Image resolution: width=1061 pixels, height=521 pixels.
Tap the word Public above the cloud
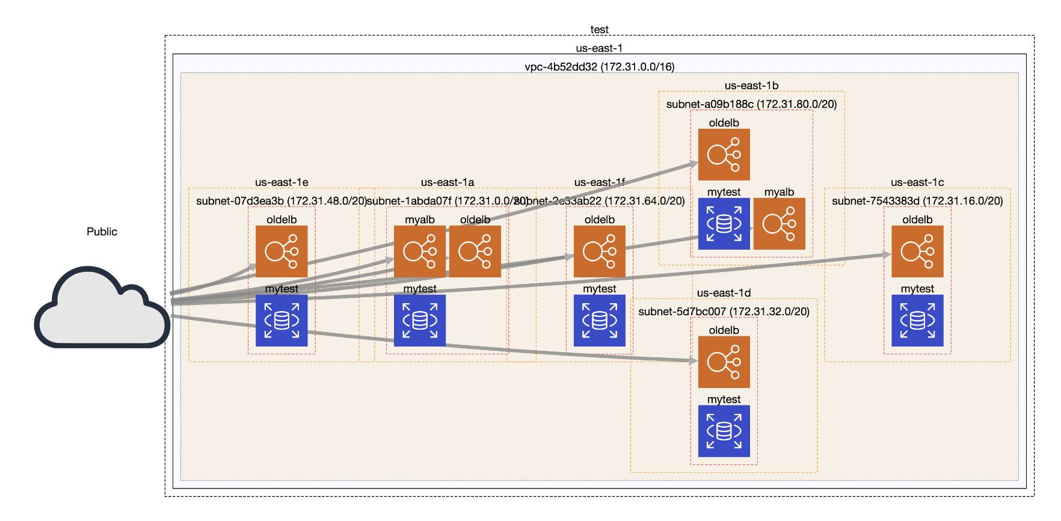[102, 232]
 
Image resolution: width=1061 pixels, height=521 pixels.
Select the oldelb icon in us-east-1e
[281, 251]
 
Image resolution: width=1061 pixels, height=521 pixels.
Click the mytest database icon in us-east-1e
[281, 320]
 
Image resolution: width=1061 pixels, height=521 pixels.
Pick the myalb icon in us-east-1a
[420, 251]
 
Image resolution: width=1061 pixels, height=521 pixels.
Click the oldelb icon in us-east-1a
[475, 251]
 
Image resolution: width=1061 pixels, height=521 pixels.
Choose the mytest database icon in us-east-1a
[420, 320]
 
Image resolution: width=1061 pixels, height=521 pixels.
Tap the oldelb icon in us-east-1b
[724, 155]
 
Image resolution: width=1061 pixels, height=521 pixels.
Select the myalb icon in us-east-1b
[780, 224]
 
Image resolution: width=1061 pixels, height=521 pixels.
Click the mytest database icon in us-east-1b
[724, 224]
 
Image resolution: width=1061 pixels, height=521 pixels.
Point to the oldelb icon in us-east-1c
[917, 251]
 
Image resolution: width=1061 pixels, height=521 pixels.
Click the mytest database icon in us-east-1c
[917, 320]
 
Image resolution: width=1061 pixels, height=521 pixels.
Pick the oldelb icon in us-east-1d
[724, 362]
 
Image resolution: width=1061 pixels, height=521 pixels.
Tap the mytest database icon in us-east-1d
[724, 431]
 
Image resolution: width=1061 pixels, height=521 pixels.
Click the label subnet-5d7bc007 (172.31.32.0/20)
[724, 312]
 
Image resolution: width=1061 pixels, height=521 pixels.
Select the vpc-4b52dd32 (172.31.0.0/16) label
[599, 67]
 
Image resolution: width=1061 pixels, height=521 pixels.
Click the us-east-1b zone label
[751, 85]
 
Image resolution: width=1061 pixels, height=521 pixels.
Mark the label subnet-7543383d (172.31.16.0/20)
[917, 201]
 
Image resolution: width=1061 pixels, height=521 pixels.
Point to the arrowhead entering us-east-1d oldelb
[693, 361]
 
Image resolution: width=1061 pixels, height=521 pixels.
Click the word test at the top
[599, 29]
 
